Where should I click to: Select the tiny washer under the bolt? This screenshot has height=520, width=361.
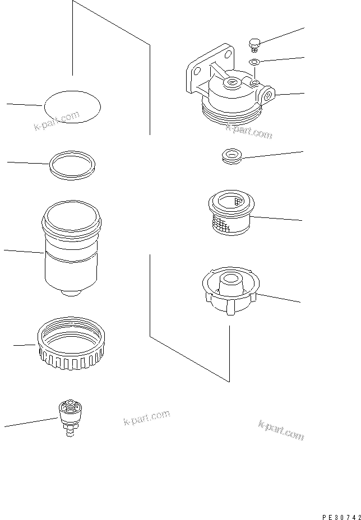click(253, 62)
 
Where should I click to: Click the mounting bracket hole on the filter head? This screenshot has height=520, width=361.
click(196, 70)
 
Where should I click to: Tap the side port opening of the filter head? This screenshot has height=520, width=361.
click(269, 95)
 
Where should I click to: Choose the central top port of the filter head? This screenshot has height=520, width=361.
click(231, 84)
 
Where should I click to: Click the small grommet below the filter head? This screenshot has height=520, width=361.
click(231, 156)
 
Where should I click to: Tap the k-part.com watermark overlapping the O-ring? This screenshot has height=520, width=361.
click(55, 120)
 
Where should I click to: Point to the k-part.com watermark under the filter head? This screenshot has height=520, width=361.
click(248, 132)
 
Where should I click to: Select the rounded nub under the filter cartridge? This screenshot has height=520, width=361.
click(70, 293)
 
